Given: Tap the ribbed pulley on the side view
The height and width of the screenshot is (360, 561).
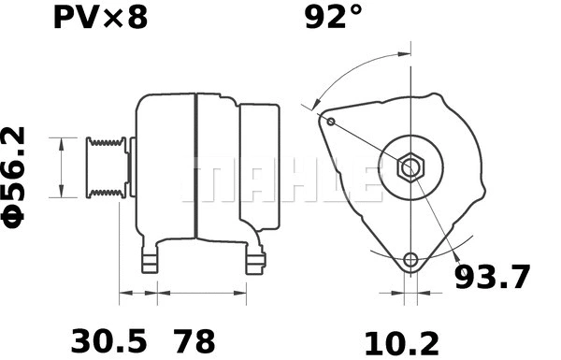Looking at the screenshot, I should click(x=106, y=167).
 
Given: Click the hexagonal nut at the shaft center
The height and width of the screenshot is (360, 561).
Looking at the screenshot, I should click(x=410, y=168).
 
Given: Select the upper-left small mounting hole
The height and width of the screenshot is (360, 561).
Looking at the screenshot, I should click(x=330, y=120).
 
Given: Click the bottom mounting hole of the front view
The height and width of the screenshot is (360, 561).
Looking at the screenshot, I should click(x=410, y=260).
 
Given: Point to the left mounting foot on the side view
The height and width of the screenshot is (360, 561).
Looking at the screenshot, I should click(x=150, y=260).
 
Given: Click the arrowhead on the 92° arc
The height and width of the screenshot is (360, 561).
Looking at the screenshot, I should click(x=317, y=106).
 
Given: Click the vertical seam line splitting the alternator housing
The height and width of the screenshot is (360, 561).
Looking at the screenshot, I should click(x=194, y=166).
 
